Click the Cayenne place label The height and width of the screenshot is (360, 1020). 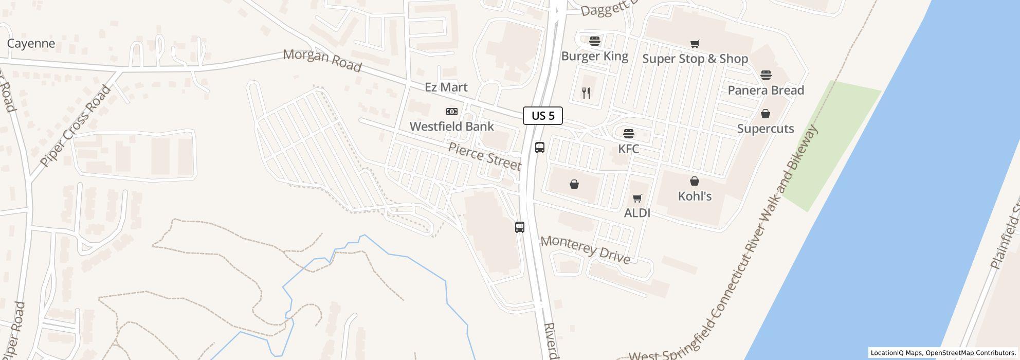(x=31, y=44)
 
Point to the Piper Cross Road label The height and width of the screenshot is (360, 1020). (x=76, y=126)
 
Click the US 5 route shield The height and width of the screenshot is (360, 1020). (x=542, y=116)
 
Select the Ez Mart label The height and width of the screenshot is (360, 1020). (x=446, y=87)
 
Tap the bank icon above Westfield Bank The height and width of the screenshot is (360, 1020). (x=451, y=112)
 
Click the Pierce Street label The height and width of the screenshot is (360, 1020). (x=484, y=156)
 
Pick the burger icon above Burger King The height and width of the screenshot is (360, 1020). (x=595, y=41)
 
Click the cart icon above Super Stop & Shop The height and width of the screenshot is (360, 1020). (x=695, y=44)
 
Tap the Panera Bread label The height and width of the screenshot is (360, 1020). (x=766, y=91)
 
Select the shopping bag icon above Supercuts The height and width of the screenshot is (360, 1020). (x=766, y=114)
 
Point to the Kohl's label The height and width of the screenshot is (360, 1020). (x=695, y=196)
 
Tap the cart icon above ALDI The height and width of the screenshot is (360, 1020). (x=637, y=199)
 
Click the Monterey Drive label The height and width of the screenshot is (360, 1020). (x=585, y=250)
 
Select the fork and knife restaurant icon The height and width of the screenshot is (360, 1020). (x=586, y=93)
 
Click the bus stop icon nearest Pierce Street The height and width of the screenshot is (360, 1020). (x=539, y=148)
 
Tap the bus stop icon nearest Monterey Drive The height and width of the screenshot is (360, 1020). (x=520, y=227)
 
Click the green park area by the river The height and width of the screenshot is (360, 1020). (x=833, y=144)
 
